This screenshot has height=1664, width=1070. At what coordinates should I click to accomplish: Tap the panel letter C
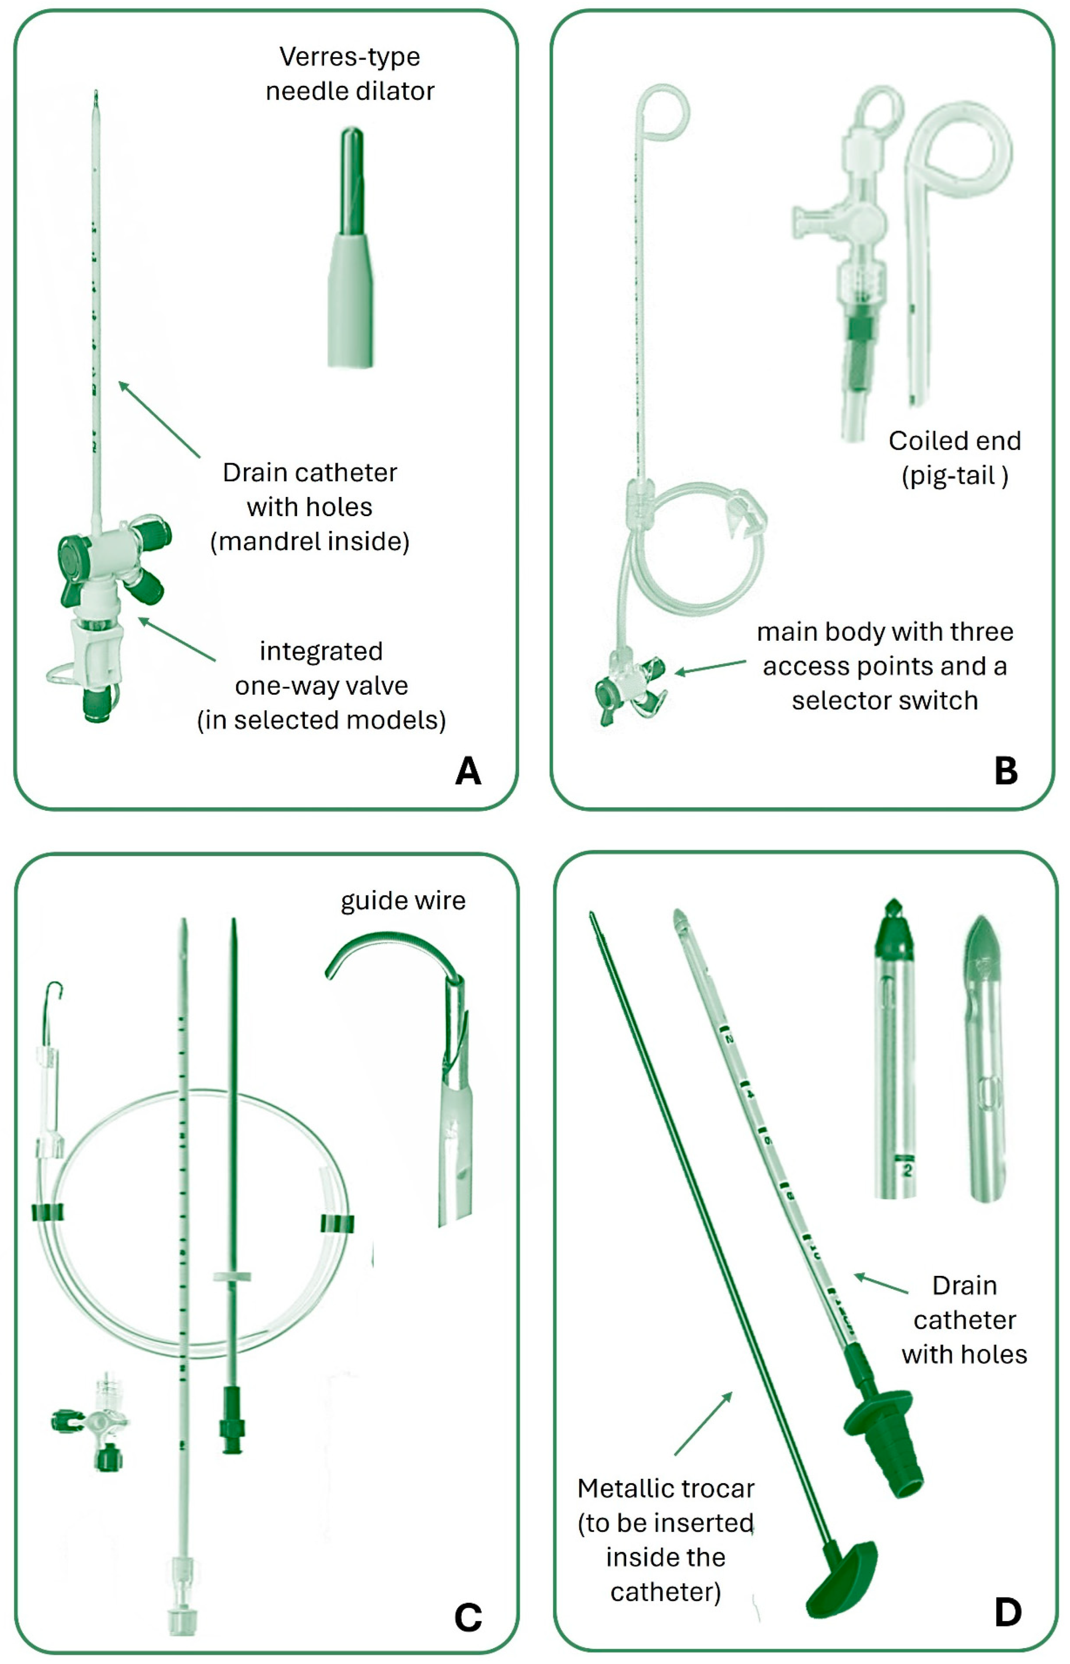tap(468, 1617)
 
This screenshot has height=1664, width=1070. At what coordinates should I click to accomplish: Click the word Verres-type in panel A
tap(350, 57)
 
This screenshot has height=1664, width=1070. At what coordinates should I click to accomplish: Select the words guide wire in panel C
tap(403, 901)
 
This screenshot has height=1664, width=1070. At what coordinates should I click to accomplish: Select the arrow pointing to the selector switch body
tap(710, 667)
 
